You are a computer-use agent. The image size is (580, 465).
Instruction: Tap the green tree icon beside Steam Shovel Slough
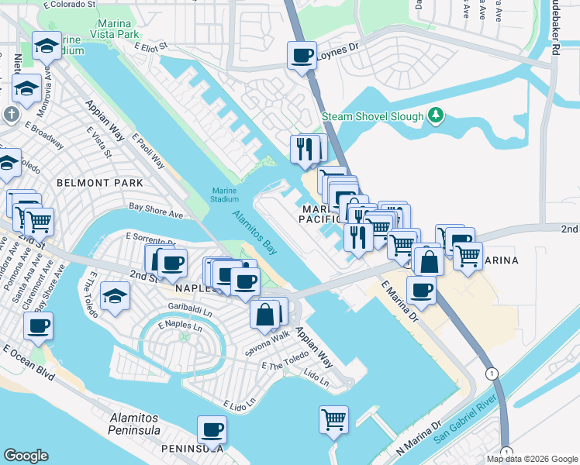[437, 116]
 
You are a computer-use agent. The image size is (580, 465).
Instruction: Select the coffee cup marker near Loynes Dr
[302, 56]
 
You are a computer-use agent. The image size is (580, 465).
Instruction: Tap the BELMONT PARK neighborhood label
[99, 183]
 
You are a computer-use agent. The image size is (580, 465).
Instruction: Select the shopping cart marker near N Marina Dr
[333, 420]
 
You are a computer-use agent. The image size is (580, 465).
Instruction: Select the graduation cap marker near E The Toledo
[115, 298]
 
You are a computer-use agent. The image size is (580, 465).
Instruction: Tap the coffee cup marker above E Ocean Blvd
[38, 326]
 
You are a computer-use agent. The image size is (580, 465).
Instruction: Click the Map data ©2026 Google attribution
[532, 459]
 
